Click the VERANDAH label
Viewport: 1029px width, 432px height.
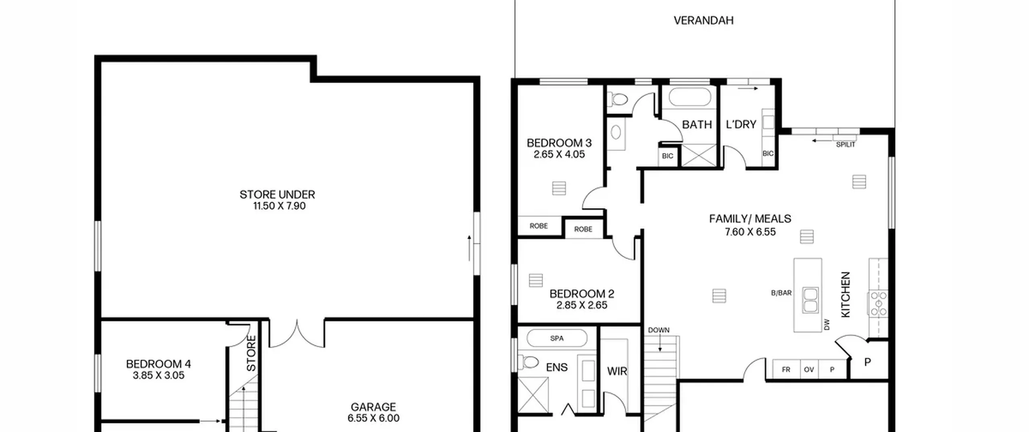pyautogui.click(x=703, y=20)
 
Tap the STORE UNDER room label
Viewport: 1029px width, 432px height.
pyautogui.click(x=277, y=195)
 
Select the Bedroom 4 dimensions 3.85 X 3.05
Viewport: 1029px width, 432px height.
pyautogui.click(x=158, y=375)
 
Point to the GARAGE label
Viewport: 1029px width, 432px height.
pyautogui.click(x=373, y=407)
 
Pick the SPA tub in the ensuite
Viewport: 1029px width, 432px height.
pyautogui.click(x=557, y=338)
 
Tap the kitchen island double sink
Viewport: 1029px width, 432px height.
pyautogui.click(x=810, y=300)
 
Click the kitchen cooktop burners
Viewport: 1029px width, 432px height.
pyautogui.click(x=878, y=303)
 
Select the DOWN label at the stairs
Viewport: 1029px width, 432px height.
pyautogui.click(x=659, y=330)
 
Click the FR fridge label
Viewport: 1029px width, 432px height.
pyautogui.click(x=786, y=370)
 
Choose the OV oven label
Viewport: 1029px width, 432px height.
pyautogui.click(x=809, y=370)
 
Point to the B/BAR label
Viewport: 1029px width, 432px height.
pyautogui.click(x=781, y=293)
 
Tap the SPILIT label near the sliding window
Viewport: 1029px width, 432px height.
pyautogui.click(x=846, y=145)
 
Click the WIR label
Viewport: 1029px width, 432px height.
pyautogui.click(x=617, y=371)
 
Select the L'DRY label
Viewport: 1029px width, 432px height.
pyautogui.click(x=741, y=125)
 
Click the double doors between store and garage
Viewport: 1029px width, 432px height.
pyautogui.click(x=297, y=334)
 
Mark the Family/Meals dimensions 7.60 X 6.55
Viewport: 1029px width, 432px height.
pyautogui.click(x=750, y=232)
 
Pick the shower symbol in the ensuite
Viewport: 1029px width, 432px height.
pyautogui.click(x=533, y=395)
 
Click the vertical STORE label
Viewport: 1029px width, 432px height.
pyautogui.click(x=251, y=354)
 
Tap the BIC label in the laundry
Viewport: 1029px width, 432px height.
pyautogui.click(x=768, y=154)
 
